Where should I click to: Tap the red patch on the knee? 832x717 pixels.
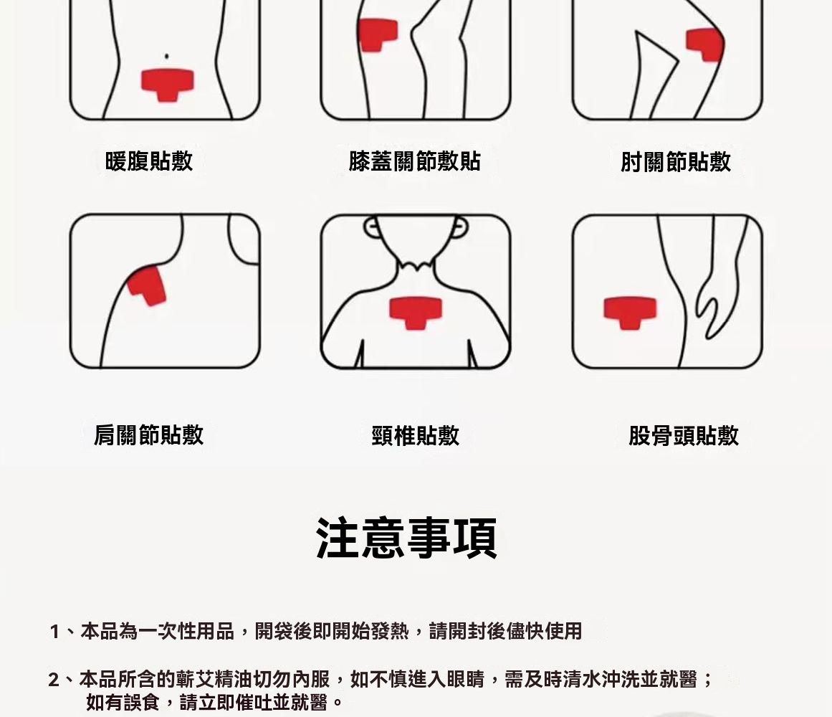coord(378,34)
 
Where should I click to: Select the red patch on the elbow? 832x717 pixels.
coord(704,44)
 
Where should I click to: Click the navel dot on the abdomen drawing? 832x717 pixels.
coord(166,56)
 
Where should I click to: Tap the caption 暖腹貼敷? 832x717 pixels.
coord(149,161)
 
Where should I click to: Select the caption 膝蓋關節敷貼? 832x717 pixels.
coord(414,161)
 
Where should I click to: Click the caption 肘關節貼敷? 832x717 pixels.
coord(676,162)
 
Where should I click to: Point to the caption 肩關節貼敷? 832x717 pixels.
coord(148,435)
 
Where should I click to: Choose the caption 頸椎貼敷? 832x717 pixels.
coord(416,436)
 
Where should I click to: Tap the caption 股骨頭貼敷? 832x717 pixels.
coord(684,436)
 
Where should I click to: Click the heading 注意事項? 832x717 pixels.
coord(406,538)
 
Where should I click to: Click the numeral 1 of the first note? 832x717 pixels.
coord(54,632)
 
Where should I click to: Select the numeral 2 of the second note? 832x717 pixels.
coord(54,680)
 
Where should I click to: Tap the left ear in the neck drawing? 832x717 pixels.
coord(370,227)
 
